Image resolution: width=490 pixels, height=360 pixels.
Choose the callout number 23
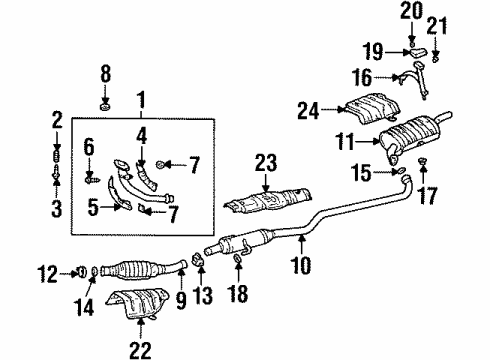(264, 161)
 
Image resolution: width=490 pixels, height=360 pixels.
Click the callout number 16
(386, 76)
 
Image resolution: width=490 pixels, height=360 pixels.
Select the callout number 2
(56, 125)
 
